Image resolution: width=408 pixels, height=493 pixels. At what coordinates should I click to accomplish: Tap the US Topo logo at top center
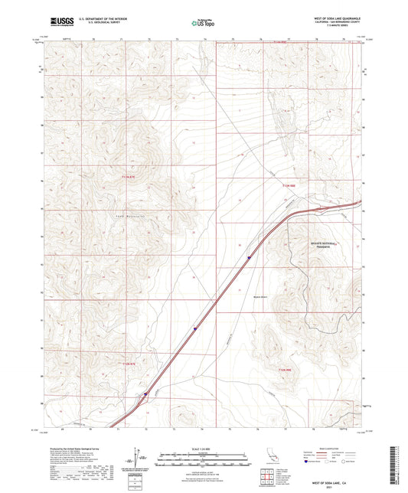coord(203,24)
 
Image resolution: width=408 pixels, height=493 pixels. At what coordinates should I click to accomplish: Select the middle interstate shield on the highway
coord(195,330)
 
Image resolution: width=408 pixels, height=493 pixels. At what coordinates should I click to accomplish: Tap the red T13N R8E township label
coord(287,184)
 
